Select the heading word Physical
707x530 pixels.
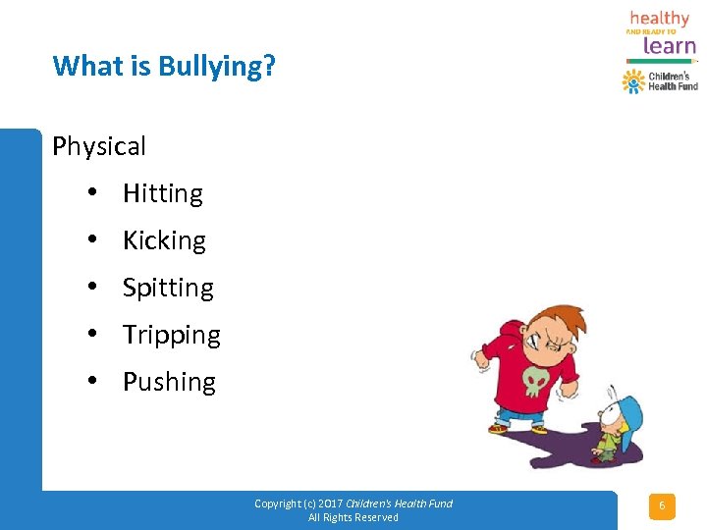coord(99,146)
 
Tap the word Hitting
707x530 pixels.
coord(162,193)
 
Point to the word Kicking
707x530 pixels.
coord(164,240)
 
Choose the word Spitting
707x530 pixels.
coord(168,288)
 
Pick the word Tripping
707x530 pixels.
coord(171,335)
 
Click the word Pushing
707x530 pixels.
coord(169,382)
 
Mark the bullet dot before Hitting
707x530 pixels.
coord(90,193)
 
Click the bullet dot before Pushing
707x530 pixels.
coord(90,382)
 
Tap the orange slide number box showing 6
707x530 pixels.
coord(661,506)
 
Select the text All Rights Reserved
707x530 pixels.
coord(353,517)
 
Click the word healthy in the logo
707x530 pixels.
coord(659,18)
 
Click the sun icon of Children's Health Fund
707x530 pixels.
coord(633,81)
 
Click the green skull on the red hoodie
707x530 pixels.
coord(534,379)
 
